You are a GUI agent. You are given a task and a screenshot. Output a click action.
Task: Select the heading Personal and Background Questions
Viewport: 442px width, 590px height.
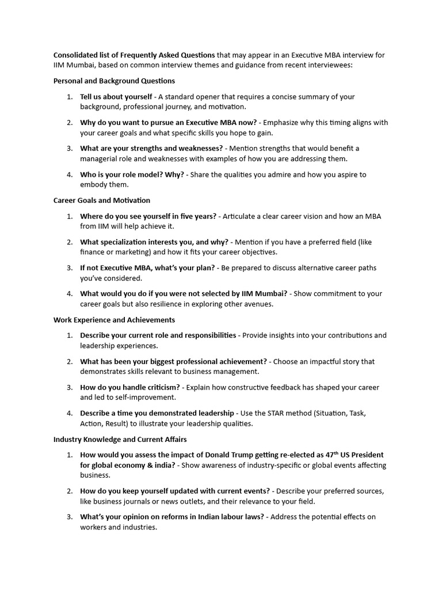coord(114,81)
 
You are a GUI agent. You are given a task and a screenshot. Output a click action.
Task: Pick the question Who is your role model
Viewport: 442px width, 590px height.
coord(132,175)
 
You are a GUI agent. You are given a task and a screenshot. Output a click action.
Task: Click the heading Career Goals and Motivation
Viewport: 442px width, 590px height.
coord(102,201)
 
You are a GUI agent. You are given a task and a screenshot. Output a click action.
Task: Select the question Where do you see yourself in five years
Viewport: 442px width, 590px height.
coord(148,216)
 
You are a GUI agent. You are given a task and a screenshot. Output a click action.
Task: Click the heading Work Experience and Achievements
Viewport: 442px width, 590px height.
coord(114,320)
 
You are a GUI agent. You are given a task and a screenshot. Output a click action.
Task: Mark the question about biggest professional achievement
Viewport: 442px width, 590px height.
coord(173,361)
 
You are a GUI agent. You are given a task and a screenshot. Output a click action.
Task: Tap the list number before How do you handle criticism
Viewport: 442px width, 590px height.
coord(69,387)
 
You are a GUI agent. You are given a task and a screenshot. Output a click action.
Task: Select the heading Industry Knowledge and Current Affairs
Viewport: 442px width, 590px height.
coord(120,439)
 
